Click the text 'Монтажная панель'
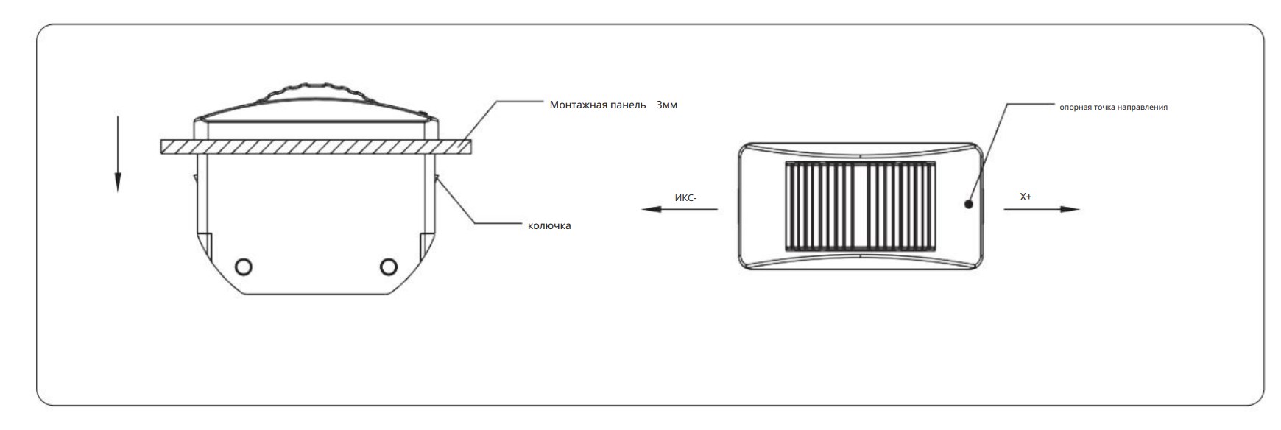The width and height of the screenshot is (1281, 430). pos(598,105)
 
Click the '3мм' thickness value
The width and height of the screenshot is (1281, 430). pos(666,105)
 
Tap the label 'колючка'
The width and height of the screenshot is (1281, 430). pos(549,225)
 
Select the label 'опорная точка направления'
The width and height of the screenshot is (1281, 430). pos(1113,107)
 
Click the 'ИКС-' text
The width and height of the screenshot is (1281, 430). pos(685,197)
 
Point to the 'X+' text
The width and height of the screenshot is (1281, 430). pos(1026,197)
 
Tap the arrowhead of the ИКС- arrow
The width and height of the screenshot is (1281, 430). pos(651,209)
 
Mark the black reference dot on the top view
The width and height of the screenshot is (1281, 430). pos(969,203)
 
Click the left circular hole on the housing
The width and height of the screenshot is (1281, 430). pos(243,266)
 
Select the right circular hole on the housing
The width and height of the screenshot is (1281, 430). pos(388,266)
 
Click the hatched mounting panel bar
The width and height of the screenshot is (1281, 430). pos(316,147)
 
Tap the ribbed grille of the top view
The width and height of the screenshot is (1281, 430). pos(861,206)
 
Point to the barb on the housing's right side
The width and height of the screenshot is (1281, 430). pos(437,180)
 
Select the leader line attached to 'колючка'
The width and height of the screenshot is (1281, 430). pos(479,205)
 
